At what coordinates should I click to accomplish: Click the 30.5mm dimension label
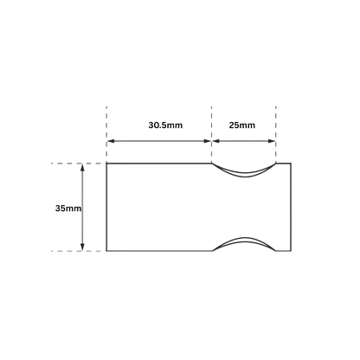[x=165, y=125]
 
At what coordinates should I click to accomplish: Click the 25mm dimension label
[x=242, y=125]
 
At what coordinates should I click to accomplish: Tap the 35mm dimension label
[x=68, y=209]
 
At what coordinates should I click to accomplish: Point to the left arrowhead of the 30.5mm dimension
[x=111, y=141]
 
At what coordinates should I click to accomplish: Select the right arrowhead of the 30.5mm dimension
[x=208, y=141]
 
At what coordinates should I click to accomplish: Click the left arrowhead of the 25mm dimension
[x=216, y=141]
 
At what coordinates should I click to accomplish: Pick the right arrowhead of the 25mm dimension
[x=272, y=141]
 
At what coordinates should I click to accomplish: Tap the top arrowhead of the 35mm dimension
[x=82, y=168]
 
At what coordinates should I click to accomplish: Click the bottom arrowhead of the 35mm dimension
[x=82, y=247]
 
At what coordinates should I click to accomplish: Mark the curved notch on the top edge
[x=244, y=176]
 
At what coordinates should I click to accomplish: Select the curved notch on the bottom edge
[x=244, y=239]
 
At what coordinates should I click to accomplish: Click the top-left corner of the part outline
[x=106, y=164]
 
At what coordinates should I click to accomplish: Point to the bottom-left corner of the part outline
[x=106, y=251]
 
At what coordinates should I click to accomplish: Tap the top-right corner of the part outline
[x=291, y=164]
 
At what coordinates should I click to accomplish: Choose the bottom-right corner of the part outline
[x=291, y=251]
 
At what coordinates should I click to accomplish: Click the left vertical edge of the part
[x=106, y=207]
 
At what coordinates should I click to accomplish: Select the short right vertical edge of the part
[x=291, y=207]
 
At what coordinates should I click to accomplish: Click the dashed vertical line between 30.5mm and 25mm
[x=212, y=134]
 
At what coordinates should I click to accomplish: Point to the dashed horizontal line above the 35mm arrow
[x=76, y=164]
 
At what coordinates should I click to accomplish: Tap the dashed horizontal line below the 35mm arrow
[x=76, y=251]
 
